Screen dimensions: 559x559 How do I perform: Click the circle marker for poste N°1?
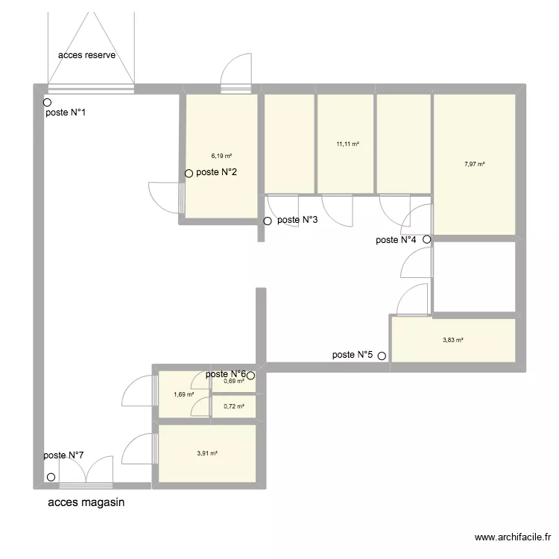[x=47, y=103]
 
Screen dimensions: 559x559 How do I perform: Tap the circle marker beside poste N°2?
[x=189, y=174]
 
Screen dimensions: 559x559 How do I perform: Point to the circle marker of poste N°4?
[x=426, y=240]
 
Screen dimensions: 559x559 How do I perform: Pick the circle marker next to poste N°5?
[x=382, y=356]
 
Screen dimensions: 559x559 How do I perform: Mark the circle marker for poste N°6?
[x=251, y=376]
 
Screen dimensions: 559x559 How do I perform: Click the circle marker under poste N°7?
[x=51, y=478]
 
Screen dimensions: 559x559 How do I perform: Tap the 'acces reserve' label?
[x=87, y=56]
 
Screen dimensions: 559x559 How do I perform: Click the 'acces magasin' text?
[x=86, y=502]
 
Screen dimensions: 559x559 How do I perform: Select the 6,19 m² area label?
[x=221, y=157]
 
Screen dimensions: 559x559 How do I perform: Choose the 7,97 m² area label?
[x=475, y=164]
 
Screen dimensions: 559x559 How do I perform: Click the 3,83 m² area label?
[x=453, y=340]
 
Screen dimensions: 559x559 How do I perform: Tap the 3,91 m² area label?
[x=207, y=453]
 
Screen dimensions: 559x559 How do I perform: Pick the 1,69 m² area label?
[x=183, y=395]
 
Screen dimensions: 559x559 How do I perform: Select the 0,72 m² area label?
[x=234, y=407]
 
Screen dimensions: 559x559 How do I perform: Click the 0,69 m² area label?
[x=234, y=382]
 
